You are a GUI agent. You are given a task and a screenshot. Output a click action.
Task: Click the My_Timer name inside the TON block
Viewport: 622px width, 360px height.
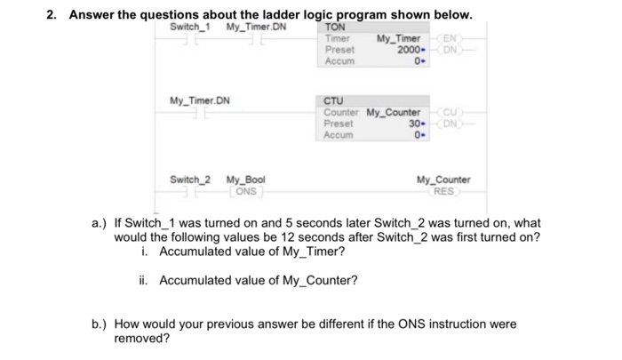point(398,39)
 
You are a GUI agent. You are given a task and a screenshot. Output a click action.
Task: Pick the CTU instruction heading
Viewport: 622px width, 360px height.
point(334,101)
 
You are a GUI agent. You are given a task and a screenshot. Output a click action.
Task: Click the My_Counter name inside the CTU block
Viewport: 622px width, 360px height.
point(394,113)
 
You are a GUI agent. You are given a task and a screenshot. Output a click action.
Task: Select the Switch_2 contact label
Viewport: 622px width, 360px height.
point(190,180)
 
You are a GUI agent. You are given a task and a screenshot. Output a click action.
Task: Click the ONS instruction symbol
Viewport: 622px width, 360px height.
point(246,190)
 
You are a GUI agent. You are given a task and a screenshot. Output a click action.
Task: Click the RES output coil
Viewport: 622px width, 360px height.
point(443,190)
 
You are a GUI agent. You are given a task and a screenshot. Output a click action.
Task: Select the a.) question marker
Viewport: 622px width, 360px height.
point(100,222)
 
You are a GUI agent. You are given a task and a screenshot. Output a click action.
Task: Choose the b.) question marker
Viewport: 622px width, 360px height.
point(100,324)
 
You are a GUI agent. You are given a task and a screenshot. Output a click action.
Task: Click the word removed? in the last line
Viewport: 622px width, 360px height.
point(142,339)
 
